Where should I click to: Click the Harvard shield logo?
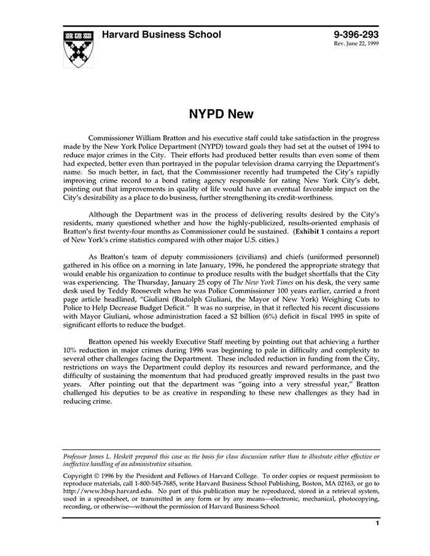[79, 48]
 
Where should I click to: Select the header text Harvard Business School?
[162, 35]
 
